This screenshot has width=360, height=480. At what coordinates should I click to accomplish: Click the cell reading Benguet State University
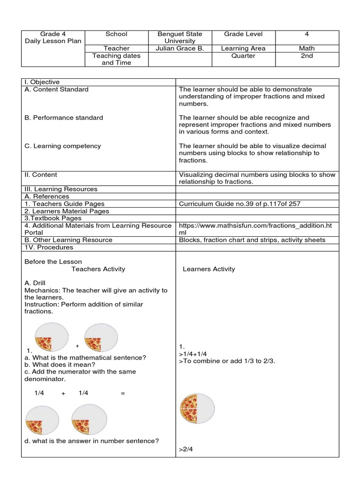tap(180, 37)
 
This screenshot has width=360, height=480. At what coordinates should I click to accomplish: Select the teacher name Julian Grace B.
tap(180, 48)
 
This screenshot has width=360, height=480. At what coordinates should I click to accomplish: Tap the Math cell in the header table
tap(307, 48)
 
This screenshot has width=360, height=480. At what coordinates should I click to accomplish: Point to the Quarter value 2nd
tap(307, 56)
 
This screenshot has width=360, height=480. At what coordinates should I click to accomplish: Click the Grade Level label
tap(243, 34)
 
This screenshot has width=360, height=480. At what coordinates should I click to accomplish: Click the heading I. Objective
tap(42, 82)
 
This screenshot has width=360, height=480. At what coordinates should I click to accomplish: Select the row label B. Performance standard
tap(64, 118)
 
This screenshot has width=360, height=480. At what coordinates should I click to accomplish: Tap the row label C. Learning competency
tap(63, 146)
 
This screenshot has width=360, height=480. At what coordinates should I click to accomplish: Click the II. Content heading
tap(41, 175)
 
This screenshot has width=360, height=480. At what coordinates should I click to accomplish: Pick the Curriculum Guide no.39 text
tap(240, 204)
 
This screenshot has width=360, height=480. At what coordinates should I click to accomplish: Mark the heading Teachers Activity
tap(98, 269)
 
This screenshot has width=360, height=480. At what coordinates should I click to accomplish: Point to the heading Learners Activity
tap(209, 269)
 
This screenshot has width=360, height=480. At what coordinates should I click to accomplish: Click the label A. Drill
tap(35, 283)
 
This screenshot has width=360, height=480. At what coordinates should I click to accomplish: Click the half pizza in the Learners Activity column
tap(197, 408)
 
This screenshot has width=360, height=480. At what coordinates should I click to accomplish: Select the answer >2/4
tap(186, 450)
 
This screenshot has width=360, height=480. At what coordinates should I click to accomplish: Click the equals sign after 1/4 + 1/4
tap(123, 393)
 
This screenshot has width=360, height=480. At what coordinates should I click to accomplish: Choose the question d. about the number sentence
tap(91, 441)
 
